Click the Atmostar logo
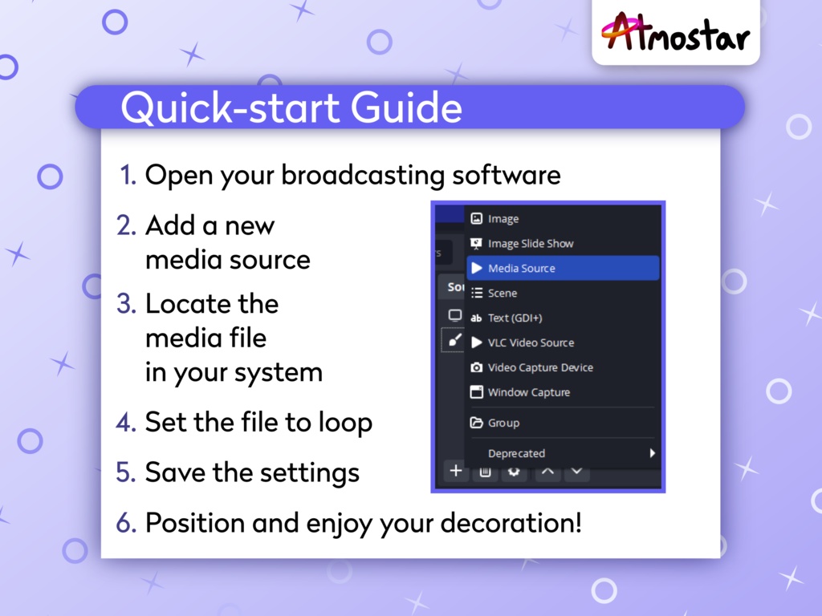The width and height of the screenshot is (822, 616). pyautogui.click(x=675, y=32)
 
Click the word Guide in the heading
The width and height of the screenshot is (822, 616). pyautogui.click(x=406, y=107)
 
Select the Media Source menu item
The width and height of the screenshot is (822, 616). pyautogui.click(x=563, y=268)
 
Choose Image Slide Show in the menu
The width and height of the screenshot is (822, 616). pyautogui.click(x=531, y=244)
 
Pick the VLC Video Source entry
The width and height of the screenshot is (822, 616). pyautogui.click(x=531, y=342)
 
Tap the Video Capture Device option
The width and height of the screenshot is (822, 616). pyautogui.click(x=540, y=367)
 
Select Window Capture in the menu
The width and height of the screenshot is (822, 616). pyautogui.click(x=528, y=392)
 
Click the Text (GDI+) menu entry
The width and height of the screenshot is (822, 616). pyautogui.click(x=515, y=318)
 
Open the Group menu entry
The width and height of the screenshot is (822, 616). pyautogui.click(x=503, y=423)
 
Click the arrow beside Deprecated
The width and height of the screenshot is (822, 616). pyautogui.click(x=652, y=453)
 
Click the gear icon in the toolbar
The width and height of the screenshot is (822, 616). pyautogui.click(x=514, y=472)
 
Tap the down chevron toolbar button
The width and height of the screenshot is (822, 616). pyautogui.click(x=576, y=471)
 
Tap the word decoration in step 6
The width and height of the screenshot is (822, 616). pyautogui.click(x=511, y=523)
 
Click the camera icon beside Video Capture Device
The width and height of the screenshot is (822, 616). pyautogui.click(x=477, y=367)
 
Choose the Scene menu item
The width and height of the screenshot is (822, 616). pyautogui.click(x=503, y=294)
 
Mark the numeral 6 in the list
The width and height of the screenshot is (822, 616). pyautogui.click(x=126, y=523)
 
